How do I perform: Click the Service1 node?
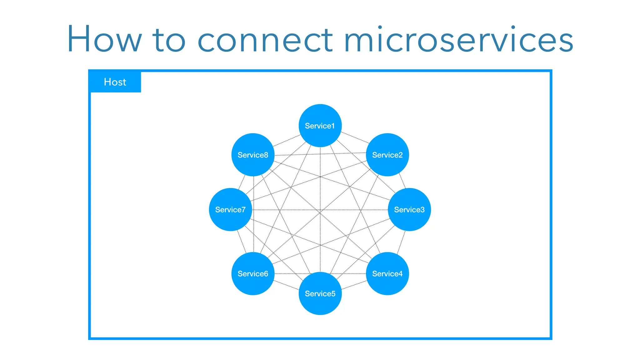click(x=320, y=126)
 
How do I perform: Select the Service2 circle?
click(x=387, y=155)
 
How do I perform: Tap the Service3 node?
click(x=409, y=209)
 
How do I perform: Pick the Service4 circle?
click(x=387, y=273)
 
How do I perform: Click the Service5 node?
click(x=320, y=293)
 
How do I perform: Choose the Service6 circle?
click(x=253, y=273)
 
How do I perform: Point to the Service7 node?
click(x=230, y=209)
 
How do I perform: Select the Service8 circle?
click(x=253, y=155)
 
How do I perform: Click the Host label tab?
click(x=115, y=82)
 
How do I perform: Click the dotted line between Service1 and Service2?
click(x=355, y=138)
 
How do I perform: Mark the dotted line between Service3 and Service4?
click(x=401, y=242)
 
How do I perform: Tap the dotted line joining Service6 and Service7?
click(x=242, y=242)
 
